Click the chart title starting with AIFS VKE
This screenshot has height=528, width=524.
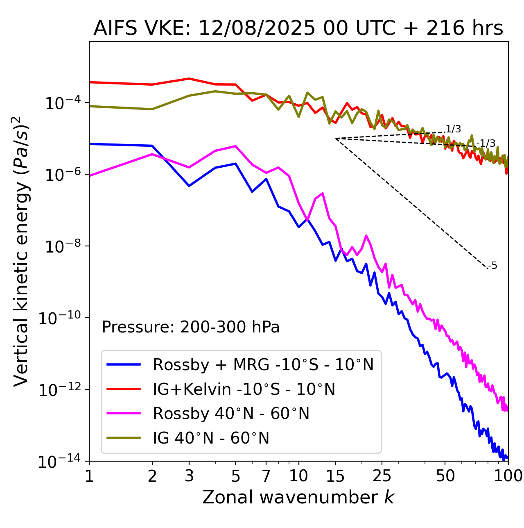[x=298, y=29]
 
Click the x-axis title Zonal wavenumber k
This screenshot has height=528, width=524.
[x=298, y=497]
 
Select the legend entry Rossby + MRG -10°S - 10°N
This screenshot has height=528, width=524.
[x=263, y=364]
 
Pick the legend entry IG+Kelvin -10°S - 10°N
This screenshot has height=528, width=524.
[x=244, y=389]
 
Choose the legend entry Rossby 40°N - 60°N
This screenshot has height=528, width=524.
[x=231, y=414]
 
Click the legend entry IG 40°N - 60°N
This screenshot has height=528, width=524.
[x=211, y=438]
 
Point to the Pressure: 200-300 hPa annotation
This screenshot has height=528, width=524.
[x=190, y=327]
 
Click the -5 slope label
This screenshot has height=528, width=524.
[x=493, y=266]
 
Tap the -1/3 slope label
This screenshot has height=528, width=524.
[x=487, y=143]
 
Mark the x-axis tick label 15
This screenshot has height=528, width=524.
[x=335, y=476]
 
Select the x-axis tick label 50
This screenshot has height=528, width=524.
[x=445, y=476]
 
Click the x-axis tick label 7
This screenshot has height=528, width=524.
[x=266, y=476]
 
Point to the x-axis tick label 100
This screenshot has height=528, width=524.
[x=508, y=476]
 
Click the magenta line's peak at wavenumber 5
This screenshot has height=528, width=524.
[x=235, y=146]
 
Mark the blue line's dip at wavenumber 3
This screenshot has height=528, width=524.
[x=189, y=186]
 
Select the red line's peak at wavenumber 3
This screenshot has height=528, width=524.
[x=189, y=78]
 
